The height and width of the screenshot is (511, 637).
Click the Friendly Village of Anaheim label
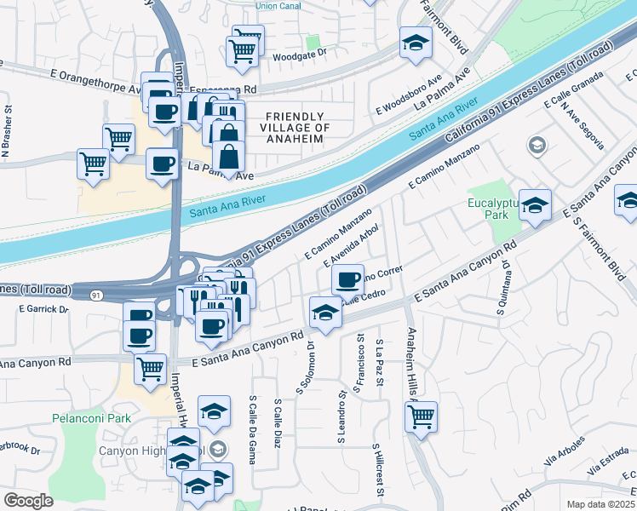(x=295, y=127)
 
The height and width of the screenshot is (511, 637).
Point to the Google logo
(x=28, y=500)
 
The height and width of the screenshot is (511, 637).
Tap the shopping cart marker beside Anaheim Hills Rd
(x=421, y=417)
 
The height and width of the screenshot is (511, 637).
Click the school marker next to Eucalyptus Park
(x=535, y=204)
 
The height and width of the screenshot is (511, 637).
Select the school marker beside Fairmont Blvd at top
(x=416, y=44)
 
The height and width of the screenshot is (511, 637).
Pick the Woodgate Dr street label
(x=299, y=56)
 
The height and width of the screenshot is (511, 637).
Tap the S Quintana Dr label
(x=504, y=286)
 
